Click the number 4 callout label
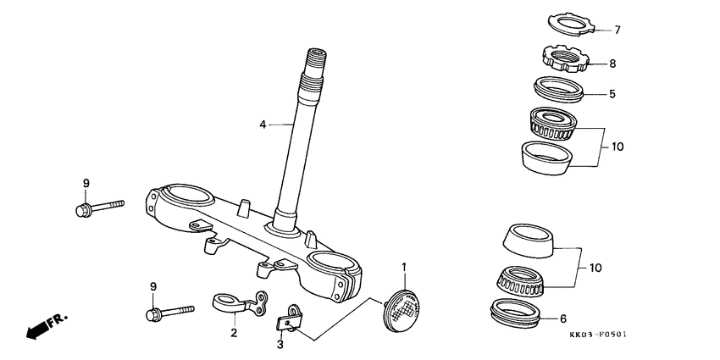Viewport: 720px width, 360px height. [263, 125]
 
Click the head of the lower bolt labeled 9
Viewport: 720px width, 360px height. [153, 315]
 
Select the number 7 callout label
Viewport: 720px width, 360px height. [618, 30]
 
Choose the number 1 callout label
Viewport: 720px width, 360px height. [404, 268]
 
